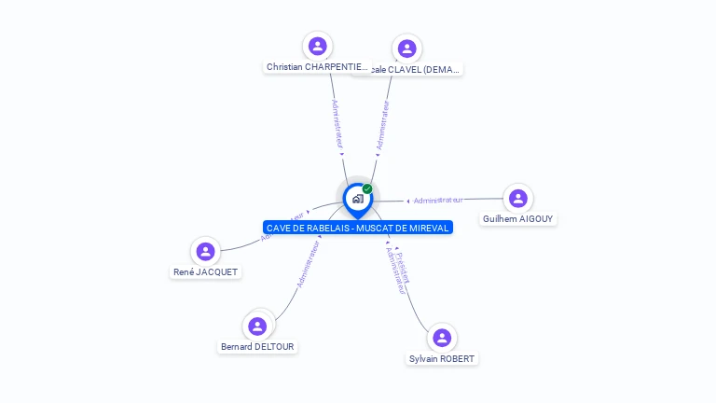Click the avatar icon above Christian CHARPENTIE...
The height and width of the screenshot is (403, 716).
[x=318, y=46]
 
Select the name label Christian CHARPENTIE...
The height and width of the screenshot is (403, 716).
[x=318, y=67]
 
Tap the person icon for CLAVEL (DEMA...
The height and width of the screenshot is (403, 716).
[x=406, y=49]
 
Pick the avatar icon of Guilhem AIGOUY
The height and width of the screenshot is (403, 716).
[x=518, y=198]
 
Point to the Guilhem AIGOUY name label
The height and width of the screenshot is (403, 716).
[x=517, y=219]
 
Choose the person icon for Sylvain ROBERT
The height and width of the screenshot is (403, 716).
[x=442, y=338]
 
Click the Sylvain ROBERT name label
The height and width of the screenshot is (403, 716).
[x=442, y=359]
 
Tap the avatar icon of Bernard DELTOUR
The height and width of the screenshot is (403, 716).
[x=257, y=326]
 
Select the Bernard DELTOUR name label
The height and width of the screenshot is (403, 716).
[x=257, y=347]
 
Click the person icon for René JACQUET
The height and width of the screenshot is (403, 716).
[x=205, y=251]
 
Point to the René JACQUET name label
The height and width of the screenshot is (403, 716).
[x=205, y=272]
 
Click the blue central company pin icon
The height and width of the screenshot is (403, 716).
[x=357, y=199]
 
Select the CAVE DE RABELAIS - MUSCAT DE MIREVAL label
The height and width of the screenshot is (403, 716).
[x=358, y=228]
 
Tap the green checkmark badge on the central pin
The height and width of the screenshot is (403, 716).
[x=367, y=188]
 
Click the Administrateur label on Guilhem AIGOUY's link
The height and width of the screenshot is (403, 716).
[x=438, y=200]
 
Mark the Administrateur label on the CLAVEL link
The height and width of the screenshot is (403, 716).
[x=381, y=125]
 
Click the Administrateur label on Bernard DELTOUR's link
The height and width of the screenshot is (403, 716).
[x=309, y=263]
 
